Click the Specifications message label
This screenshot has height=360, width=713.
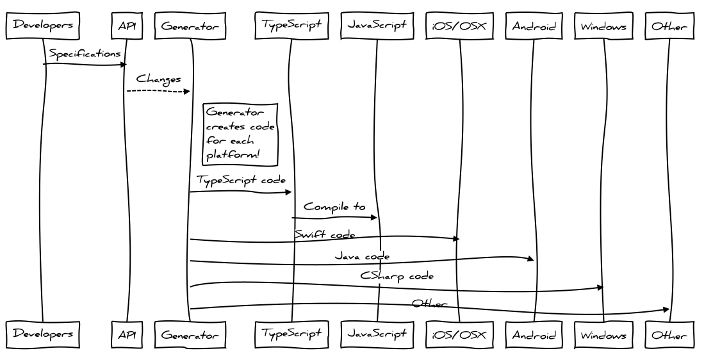point(85,54)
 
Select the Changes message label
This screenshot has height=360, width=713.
point(158,80)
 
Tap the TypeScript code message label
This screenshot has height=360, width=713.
point(241,181)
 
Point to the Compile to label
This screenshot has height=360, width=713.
point(334,207)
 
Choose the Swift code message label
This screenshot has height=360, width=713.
point(325,234)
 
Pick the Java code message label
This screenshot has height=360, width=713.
point(362,256)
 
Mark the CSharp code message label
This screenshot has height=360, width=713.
point(397,277)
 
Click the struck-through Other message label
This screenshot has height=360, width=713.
point(429,303)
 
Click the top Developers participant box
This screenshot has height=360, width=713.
point(43,26)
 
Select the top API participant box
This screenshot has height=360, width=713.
point(127,26)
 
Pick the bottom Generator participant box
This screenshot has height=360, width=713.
point(190,335)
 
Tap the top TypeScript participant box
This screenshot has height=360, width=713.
point(291,26)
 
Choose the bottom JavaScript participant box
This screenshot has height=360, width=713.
point(377,334)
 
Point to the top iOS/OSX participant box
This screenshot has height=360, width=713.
point(459,26)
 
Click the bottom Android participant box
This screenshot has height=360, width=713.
point(534,335)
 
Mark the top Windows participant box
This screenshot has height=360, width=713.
point(603,26)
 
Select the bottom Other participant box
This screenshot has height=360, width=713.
point(669,335)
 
